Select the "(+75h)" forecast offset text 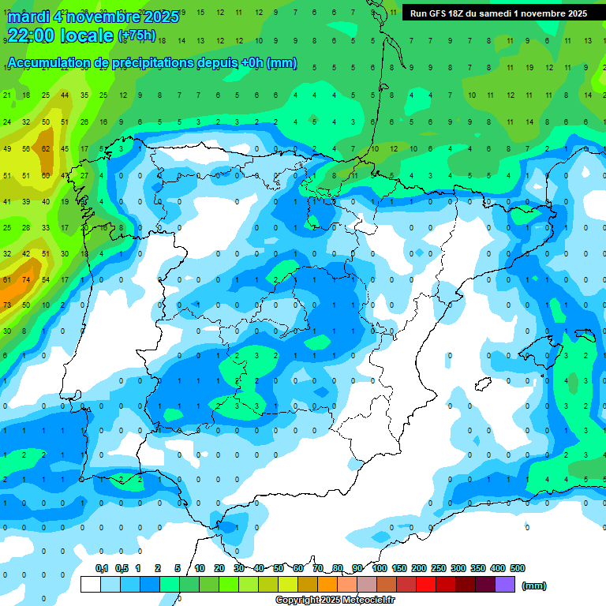coord(137,36)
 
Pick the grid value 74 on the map coord(26,279)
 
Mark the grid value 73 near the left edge coord(7,305)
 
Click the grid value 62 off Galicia coord(46,148)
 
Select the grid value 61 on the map coord(7,279)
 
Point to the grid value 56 coord(26,148)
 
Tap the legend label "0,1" coord(102,568)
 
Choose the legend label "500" coord(518,568)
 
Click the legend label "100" coord(380,568)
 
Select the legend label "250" coord(439,568)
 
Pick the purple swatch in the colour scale coord(505,584)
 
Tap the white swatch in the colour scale coord(91,584)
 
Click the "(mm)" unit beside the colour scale coord(534,585)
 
